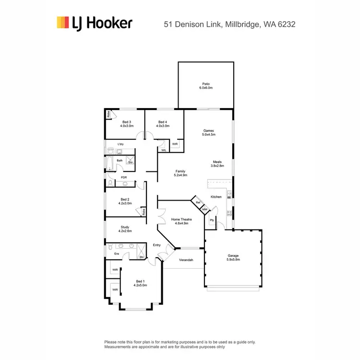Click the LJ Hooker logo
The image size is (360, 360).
click(94, 23)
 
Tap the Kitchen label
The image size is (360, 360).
click(216, 197)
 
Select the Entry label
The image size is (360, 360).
click(156, 245)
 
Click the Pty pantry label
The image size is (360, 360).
click(212, 220)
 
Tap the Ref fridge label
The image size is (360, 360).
click(197, 203)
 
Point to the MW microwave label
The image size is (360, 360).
click(204, 209)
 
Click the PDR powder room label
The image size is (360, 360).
click(124, 178)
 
